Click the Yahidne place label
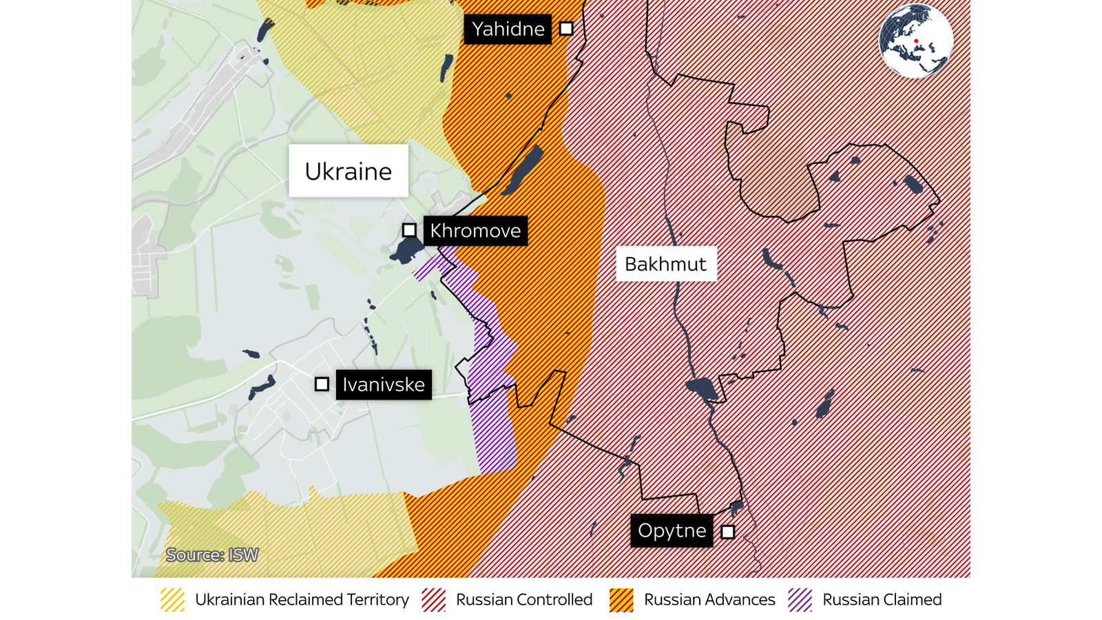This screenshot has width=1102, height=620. click(x=508, y=29)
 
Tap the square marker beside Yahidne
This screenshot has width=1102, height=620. click(x=566, y=29)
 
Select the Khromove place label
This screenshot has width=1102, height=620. click(x=475, y=231)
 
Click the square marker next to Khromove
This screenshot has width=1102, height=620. click(x=409, y=230)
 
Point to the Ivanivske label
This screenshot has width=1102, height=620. click(x=384, y=384)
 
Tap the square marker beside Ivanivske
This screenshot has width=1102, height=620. click(x=322, y=384)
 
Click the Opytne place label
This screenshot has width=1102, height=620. click(x=672, y=530)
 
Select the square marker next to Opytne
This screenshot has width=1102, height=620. click(x=728, y=532)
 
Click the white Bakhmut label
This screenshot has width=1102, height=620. click(x=665, y=264)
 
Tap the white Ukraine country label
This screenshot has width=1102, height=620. click(x=348, y=171)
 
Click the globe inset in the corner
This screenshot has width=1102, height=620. click(x=916, y=41)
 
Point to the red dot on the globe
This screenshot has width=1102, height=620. click(x=916, y=41)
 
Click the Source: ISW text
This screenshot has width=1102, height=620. click(x=212, y=555)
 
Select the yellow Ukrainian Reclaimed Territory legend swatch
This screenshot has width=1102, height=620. click(x=172, y=600)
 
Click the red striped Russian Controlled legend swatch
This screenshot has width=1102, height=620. click(x=434, y=600)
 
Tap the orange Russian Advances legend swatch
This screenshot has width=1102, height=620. click(x=621, y=600)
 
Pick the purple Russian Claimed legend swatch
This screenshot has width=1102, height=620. click(x=800, y=600)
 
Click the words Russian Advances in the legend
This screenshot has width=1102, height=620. click(x=709, y=600)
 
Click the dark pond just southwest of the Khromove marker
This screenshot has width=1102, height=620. click(x=406, y=251)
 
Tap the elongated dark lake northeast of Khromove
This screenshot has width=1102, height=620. click(x=523, y=169)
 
